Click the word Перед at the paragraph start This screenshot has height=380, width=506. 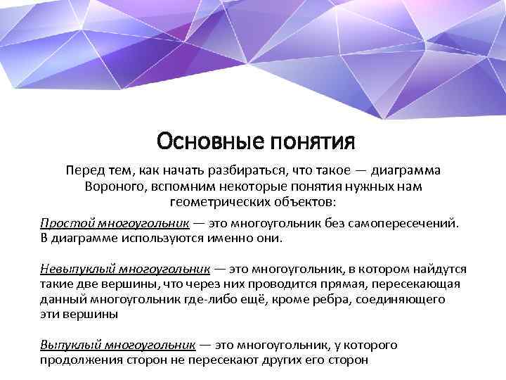tap(84, 172)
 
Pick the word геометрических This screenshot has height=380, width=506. tap(218, 202)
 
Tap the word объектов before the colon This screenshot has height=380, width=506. tap(309, 202)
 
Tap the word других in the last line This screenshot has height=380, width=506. tap(290, 360)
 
